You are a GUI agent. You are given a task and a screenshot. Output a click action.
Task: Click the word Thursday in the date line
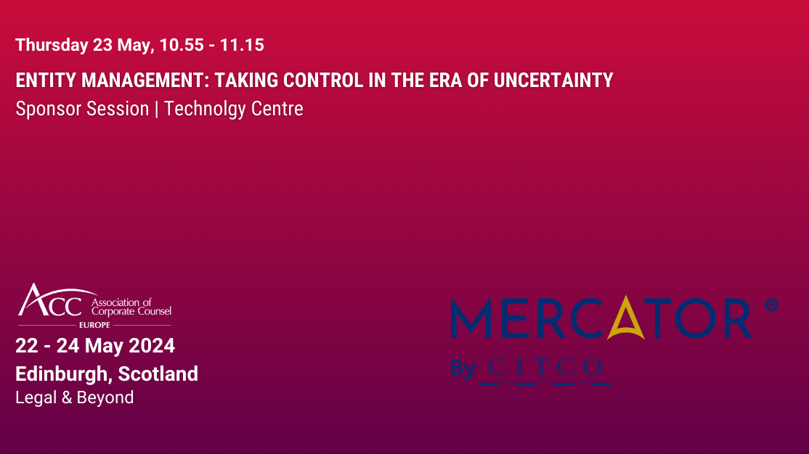coord(52,45)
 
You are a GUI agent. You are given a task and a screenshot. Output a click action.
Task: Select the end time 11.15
coord(242,45)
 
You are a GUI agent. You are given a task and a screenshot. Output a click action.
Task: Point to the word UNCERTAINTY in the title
coord(553,80)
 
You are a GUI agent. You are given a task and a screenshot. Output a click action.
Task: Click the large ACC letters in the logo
coord(51,302)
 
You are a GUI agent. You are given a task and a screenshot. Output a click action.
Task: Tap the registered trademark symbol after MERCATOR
coord(771,305)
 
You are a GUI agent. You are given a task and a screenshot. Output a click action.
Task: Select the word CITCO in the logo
coord(545,368)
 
